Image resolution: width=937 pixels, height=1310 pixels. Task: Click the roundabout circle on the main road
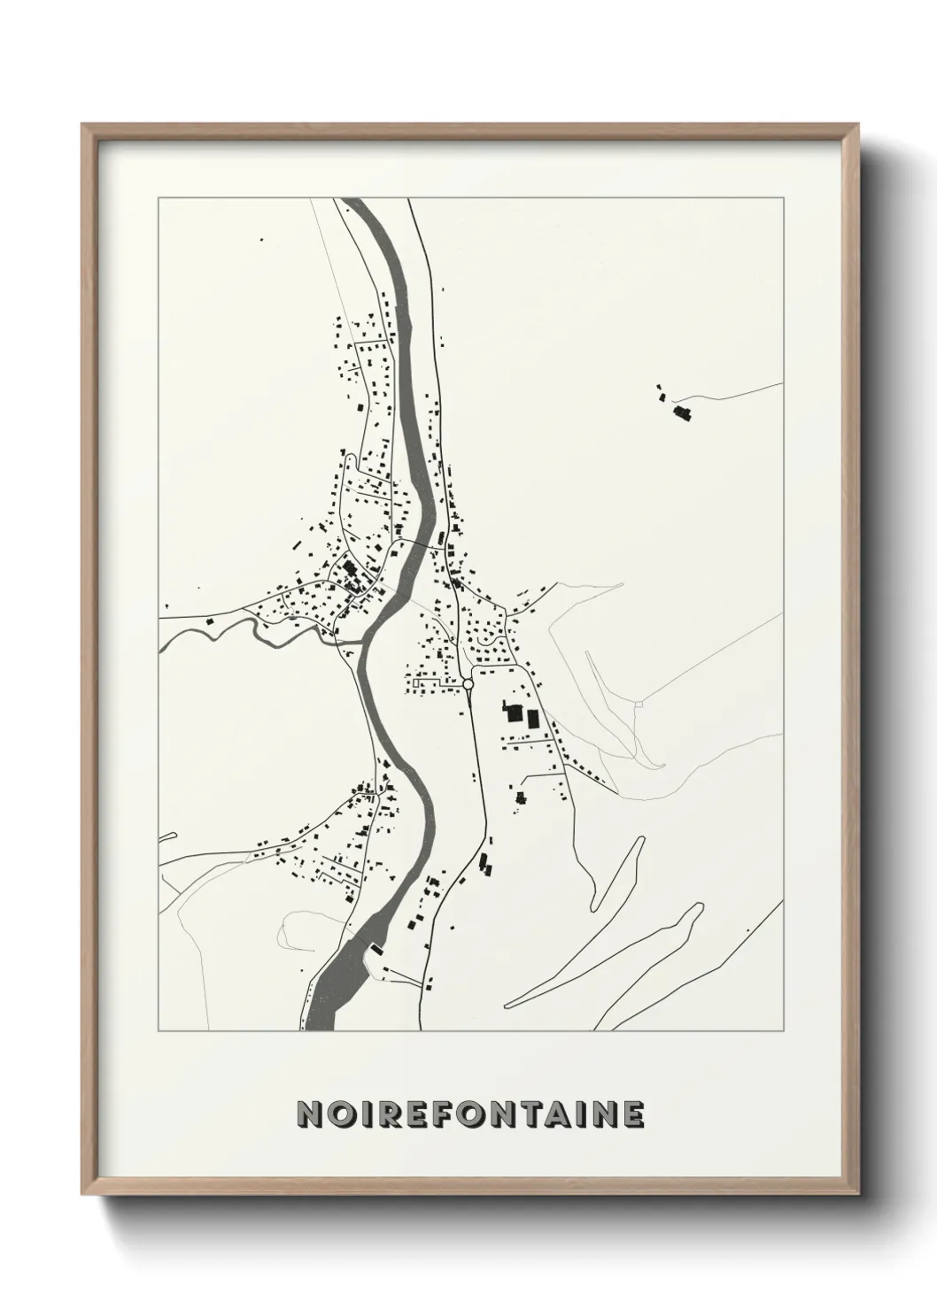click(468, 683)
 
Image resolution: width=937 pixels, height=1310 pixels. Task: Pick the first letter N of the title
click(307, 1114)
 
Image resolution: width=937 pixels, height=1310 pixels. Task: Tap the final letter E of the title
click(632, 1114)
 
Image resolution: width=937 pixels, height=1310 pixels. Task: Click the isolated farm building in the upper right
click(682, 412)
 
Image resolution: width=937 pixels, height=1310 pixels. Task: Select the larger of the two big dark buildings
click(512, 713)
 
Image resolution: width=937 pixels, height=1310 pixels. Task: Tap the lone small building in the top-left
click(260, 239)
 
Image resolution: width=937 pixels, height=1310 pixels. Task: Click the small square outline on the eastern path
click(638, 704)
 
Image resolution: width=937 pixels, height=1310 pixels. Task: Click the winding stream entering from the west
click(257, 628)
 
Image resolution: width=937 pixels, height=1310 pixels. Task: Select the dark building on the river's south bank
click(376, 950)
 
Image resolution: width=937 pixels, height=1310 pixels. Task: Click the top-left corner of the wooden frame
click(83, 125)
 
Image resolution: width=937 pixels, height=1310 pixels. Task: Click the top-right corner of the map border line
click(783, 198)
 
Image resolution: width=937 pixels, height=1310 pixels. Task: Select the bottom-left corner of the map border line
click(159, 1031)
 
